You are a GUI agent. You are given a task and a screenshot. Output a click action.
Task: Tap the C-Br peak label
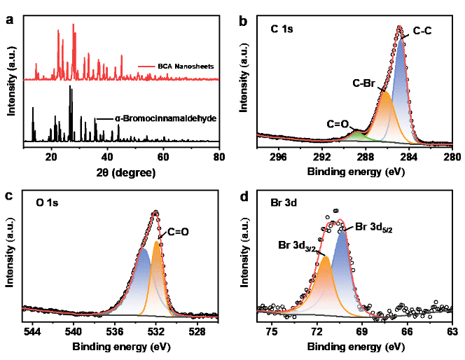click(x=365, y=83)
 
